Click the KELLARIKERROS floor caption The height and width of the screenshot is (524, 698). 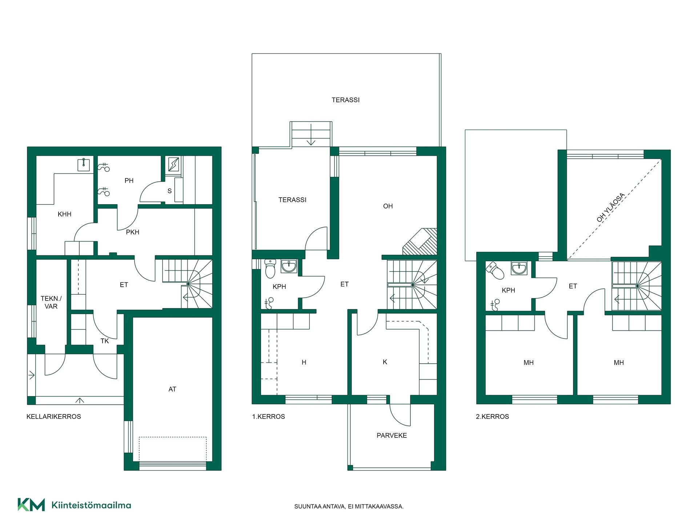point(54,417)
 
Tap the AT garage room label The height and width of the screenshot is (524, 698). point(172,389)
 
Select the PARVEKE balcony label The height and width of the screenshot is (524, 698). point(392,436)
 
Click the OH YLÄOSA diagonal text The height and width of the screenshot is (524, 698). point(611,207)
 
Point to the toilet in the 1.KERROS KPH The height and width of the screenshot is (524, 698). point(270,269)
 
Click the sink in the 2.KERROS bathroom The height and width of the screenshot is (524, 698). point(519,268)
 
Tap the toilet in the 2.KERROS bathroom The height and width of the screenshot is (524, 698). point(495,270)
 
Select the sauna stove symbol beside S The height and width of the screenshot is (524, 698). point(173,164)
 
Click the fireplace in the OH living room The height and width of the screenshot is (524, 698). point(420,242)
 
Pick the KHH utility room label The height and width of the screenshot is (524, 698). point(64,214)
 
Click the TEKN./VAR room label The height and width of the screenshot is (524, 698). point(51,302)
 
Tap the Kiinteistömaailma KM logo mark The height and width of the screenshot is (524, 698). point(31,505)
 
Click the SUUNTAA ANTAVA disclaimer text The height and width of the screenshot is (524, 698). point(349,507)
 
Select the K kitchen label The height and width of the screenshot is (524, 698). point(385,362)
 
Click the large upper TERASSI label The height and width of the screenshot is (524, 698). point(345,100)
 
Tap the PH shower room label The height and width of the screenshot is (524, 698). point(129,181)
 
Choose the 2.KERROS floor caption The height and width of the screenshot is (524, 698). point(492,417)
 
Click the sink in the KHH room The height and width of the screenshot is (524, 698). point(84,165)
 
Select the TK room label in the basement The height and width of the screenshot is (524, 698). point(105,341)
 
